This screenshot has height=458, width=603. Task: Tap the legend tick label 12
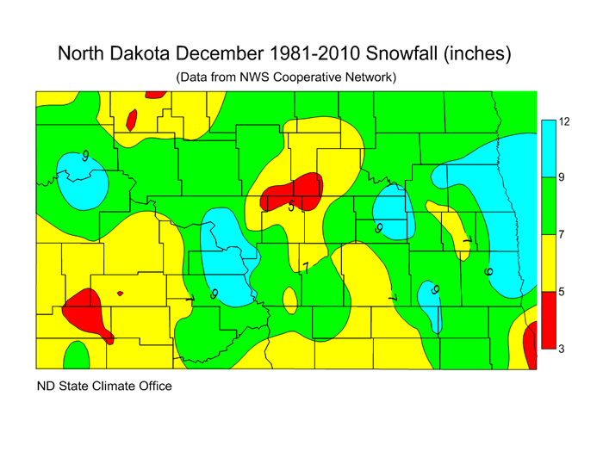(564, 121)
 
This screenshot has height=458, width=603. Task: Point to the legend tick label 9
(562, 178)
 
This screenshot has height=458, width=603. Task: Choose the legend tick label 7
(562, 235)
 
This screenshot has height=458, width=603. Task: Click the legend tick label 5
(562, 292)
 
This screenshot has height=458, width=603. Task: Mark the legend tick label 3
(562, 349)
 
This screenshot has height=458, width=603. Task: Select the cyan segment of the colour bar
(547, 150)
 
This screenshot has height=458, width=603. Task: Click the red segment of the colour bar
(547, 320)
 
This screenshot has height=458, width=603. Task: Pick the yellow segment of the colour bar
(547, 263)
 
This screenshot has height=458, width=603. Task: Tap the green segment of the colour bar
(547, 207)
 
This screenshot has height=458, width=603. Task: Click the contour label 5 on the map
(291, 207)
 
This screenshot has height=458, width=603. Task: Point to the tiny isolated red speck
(120, 294)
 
